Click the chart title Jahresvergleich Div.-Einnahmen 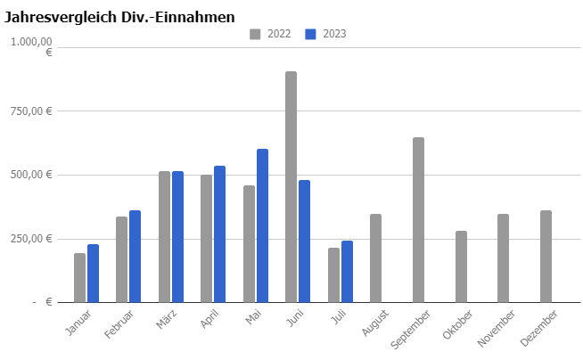(x=119, y=17)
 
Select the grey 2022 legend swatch (x=255, y=34)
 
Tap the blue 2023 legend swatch (x=310, y=34)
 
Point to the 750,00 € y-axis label (x=31, y=111)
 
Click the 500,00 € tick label (x=31, y=175)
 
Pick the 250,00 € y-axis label (x=31, y=239)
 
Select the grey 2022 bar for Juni (x=291, y=187)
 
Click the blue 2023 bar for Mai (x=262, y=225)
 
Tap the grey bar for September (x=418, y=220)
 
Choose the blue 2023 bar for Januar (x=93, y=274)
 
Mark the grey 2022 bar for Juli (x=334, y=275)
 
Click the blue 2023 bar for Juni (x=305, y=241)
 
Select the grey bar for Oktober (x=461, y=266)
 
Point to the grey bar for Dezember (x=546, y=257)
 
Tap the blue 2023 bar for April (x=220, y=234)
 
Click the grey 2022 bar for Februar (x=121, y=259)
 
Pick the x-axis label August (x=374, y=323)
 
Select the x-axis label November (x=497, y=329)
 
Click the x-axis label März (x=166, y=319)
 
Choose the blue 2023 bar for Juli (x=348, y=272)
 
